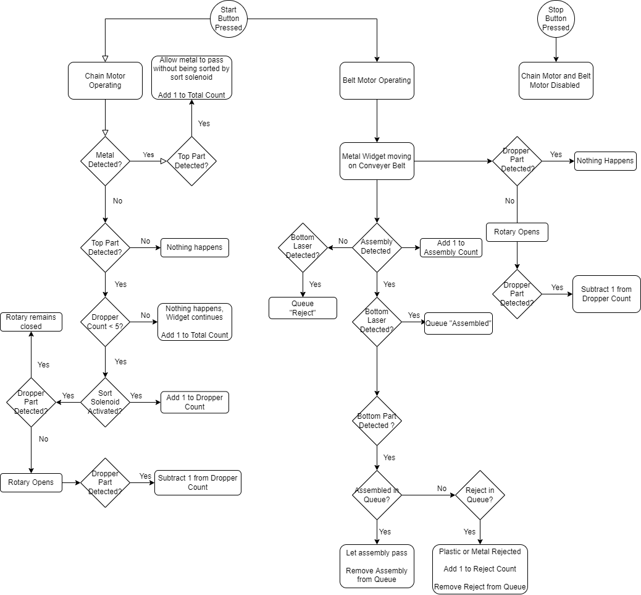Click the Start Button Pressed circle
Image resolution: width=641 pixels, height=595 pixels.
pos(228,19)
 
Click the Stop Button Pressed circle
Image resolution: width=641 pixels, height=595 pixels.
pos(556,19)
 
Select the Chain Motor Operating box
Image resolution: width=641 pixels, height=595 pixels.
pos(105,80)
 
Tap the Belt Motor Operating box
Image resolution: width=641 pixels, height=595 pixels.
pos(377,80)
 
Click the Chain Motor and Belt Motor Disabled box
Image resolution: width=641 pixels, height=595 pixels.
pos(556,80)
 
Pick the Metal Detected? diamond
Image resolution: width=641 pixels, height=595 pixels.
pos(105,161)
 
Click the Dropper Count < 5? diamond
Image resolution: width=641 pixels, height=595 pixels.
pos(105,322)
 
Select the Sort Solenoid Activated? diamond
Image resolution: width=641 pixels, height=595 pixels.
pos(105,402)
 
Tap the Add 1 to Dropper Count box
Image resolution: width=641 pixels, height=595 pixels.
pos(195,402)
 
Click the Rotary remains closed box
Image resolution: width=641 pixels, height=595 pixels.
pos(31,322)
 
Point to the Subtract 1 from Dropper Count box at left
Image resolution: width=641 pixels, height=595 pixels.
pos(198,482)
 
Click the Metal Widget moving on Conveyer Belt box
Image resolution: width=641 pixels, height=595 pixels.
pos(377,161)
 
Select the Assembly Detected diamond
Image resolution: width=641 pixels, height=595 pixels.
pos(377,247)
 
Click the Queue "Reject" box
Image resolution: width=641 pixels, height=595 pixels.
pos(303,308)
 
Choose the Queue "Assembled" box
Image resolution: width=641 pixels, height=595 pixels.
pos(458,323)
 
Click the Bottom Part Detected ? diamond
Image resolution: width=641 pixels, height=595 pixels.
pos(377,421)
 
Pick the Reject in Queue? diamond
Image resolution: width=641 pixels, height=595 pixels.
pos(480,495)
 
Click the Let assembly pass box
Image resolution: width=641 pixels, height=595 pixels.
pos(377,566)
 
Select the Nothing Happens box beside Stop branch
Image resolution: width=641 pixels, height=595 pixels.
pos(605,161)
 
